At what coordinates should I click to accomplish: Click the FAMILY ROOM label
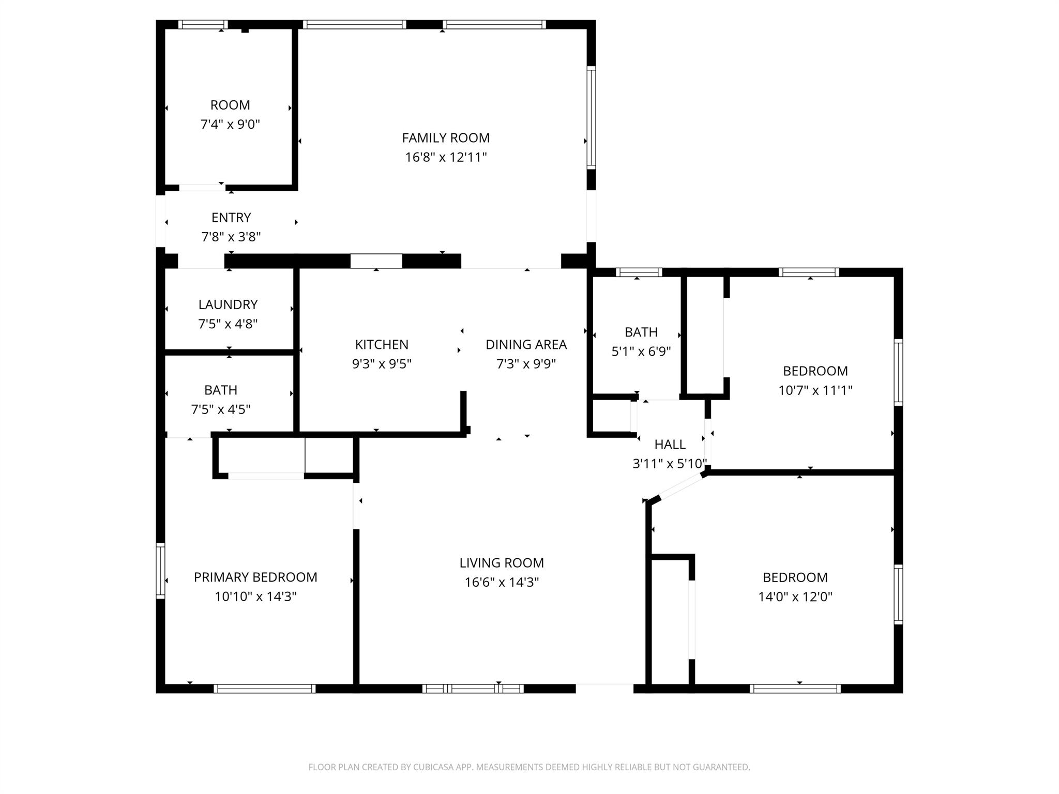446,138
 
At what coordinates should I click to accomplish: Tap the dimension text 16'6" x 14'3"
502,582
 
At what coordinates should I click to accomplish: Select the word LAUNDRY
228,304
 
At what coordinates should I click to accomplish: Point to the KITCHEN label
382,344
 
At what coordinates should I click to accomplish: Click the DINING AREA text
526,344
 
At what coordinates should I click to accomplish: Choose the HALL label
670,444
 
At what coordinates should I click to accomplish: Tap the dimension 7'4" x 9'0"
230,125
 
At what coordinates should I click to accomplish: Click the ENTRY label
231,218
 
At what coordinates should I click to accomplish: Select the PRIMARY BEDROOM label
255,577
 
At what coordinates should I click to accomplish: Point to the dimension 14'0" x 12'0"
795,597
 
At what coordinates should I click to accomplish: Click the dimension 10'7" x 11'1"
815,390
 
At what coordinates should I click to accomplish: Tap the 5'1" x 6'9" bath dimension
641,352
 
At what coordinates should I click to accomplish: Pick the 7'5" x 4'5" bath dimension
221,409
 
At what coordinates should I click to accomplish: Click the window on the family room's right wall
591,117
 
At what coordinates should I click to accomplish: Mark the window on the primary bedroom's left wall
161,571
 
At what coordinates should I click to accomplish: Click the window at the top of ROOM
203,24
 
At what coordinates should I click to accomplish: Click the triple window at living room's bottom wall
473,688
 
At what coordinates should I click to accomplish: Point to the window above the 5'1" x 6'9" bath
639,272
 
